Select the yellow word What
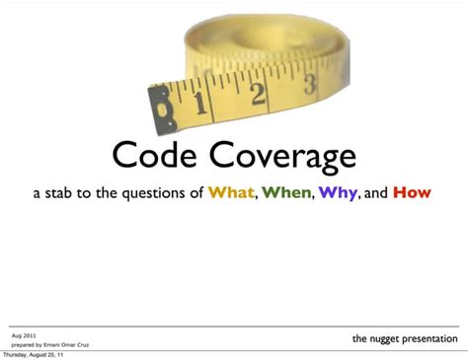(231, 192)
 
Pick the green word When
(287, 192)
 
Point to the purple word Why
(337, 192)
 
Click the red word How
(412, 192)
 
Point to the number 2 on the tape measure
(259, 93)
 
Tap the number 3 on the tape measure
(309, 84)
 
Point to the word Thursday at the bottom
(17, 355)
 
